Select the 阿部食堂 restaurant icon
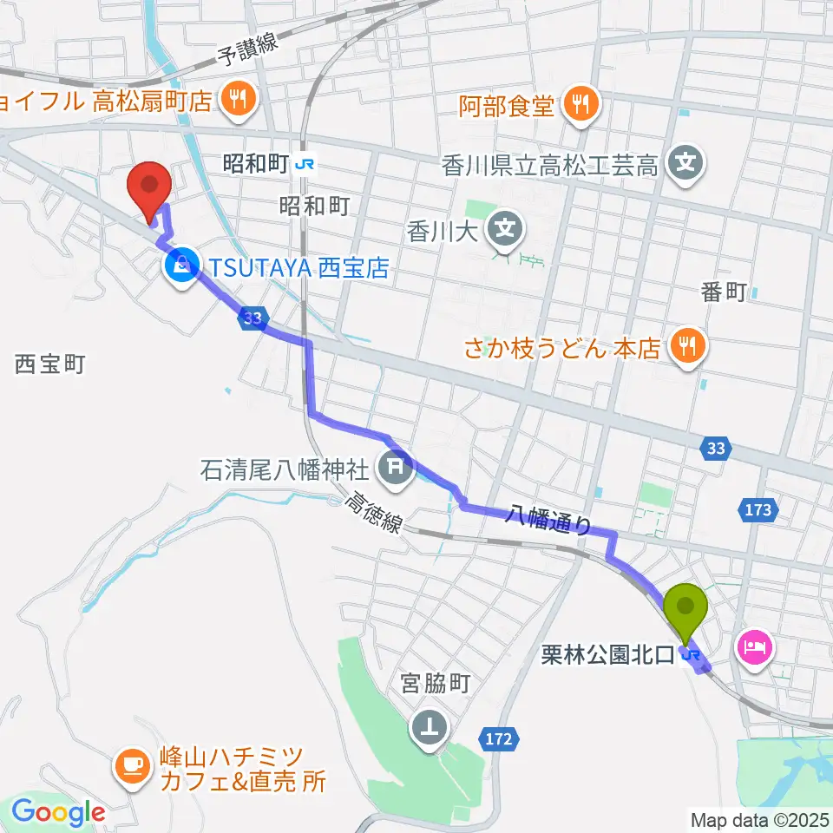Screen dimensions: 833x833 click(579, 105)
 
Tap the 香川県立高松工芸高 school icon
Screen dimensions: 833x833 click(686, 162)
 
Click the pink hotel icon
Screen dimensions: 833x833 click(752, 646)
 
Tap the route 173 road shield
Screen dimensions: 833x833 click(758, 510)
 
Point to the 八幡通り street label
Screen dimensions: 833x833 click(549, 521)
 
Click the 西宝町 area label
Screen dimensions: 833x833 click(49, 364)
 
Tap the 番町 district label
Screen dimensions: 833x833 click(724, 292)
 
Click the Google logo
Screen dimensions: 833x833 click(58, 813)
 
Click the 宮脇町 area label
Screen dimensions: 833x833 click(436, 684)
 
